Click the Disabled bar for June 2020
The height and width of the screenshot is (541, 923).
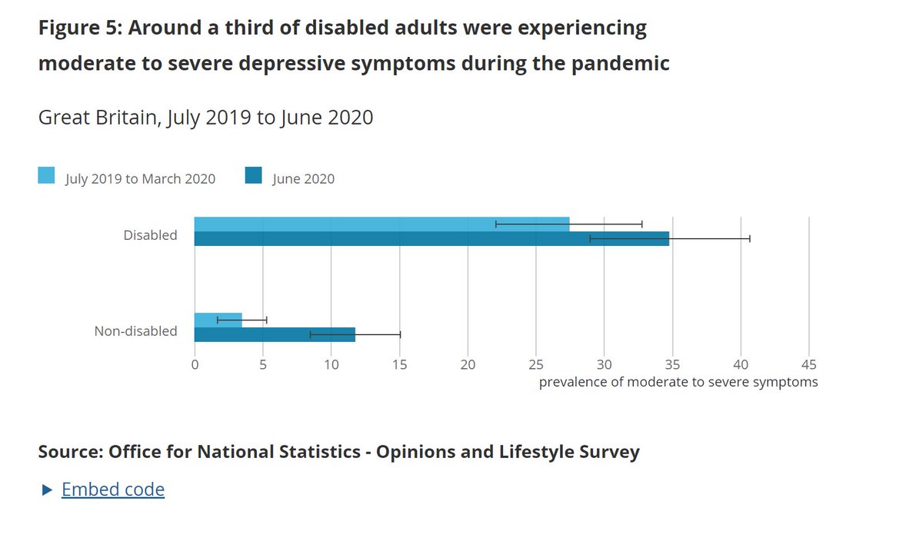tap(431, 239)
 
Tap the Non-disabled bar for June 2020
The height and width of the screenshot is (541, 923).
tap(275, 334)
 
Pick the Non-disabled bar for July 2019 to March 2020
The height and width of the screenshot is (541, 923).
tap(218, 320)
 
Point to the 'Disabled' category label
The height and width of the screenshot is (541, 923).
tap(150, 235)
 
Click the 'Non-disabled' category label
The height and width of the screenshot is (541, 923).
tap(135, 331)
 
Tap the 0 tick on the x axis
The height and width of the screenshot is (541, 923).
tap(195, 364)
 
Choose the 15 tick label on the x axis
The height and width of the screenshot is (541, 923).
tap(399, 364)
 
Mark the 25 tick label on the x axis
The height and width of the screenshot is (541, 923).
tap(536, 364)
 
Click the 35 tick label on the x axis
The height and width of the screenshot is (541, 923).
tap(672, 364)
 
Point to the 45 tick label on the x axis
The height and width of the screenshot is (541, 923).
tap(808, 364)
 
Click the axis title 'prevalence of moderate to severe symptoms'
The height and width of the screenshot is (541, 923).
tap(678, 382)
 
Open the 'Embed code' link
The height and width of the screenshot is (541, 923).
tap(113, 490)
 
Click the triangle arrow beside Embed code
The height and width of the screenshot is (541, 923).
tap(47, 490)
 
